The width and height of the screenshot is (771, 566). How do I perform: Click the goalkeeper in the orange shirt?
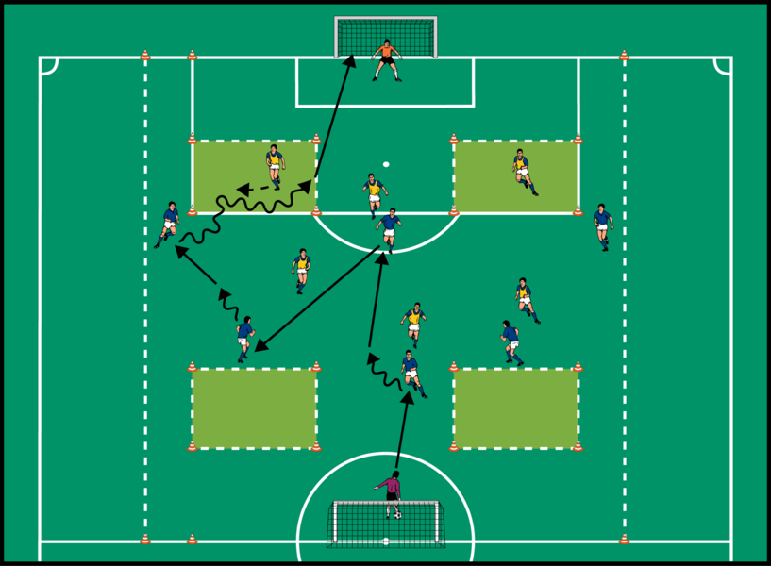pyautogui.click(x=386, y=58)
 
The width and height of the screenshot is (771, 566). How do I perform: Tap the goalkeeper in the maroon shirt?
pyautogui.click(x=390, y=490)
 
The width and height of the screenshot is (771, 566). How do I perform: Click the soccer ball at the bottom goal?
pyautogui.click(x=398, y=515)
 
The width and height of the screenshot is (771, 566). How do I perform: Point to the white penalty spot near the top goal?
pyautogui.click(x=386, y=164)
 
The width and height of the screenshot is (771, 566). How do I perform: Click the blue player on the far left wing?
pyautogui.click(x=169, y=223)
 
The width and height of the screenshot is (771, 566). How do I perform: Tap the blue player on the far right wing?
pyautogui.click(x=602, y=225)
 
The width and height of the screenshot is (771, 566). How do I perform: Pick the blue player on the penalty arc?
pyautogui.click(x=388, y=229)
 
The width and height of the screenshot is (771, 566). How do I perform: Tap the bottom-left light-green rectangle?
pyautogui.click(x=254, y=408)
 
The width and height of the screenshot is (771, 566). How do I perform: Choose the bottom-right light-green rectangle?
pyautogui.click(x=515, y=408)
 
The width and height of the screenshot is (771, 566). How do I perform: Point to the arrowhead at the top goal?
pyautogui.click(x=348, y=60)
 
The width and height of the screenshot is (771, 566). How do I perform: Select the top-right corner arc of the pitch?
pyautogui.click(x=722, y=66)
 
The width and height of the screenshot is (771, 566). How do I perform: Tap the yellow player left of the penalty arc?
pyautogui.click(x=302, y=269)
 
